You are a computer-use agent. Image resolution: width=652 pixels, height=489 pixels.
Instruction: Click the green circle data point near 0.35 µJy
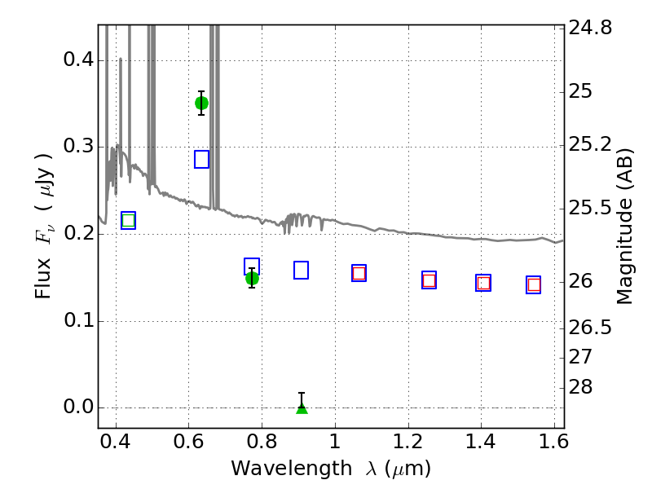(x=201, y=103)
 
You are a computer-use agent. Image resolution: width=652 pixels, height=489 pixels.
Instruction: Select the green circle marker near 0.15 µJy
(x=252, y=278)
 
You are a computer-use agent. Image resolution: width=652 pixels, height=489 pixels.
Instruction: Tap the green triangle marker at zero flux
(x=302, y=407)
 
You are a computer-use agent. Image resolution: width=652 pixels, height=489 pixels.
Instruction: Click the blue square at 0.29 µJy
(x=202, y=159)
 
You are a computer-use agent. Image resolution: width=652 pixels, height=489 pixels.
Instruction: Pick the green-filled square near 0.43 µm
(x=128, y=220)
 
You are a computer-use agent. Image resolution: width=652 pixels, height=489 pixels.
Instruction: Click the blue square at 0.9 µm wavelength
(x=301, y=270)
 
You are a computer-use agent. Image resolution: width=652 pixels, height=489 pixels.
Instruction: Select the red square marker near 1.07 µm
(x=359, y=273)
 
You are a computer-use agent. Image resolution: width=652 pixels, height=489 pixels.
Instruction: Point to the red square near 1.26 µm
(x=429, y=280)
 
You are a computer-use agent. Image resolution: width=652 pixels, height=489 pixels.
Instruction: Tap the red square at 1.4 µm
(x=483, y=283)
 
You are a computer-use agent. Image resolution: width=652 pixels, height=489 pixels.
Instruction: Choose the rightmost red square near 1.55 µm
(x=534, y=284)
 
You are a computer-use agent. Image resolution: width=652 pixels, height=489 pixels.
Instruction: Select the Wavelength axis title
(x=330, y=469)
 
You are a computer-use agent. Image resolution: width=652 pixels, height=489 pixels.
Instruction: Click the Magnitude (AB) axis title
(x=625, y=226)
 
